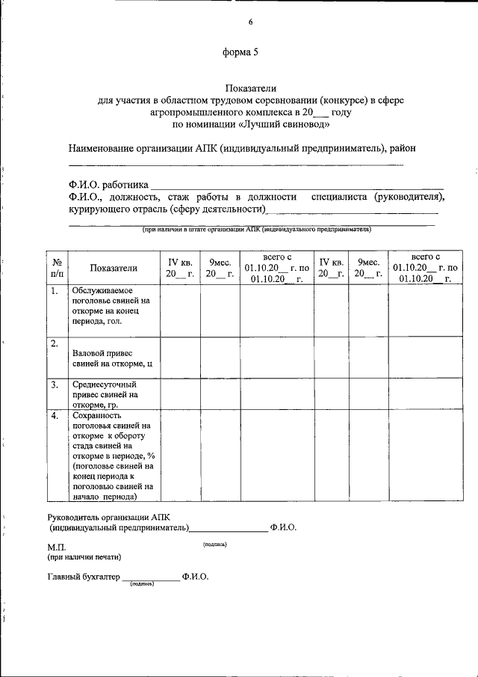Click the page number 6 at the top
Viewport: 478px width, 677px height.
251,22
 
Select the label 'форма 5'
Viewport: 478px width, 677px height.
240,52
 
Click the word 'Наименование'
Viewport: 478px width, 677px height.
102,148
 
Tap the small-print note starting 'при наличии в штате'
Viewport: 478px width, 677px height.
256,230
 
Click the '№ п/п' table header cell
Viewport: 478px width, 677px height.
57,268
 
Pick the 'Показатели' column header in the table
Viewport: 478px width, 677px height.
114,269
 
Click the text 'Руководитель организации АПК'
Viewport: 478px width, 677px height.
108,516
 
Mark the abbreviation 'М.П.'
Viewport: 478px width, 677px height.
57,548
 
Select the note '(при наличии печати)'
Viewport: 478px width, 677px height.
84,557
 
